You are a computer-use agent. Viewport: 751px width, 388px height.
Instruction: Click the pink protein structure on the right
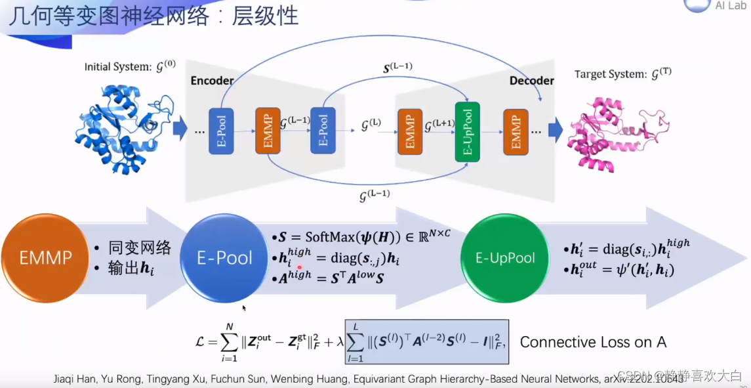pos(607,135)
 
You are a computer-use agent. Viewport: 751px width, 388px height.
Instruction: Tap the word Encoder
pos(212,81)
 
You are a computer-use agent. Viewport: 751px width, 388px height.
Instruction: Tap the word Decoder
pos(531,81)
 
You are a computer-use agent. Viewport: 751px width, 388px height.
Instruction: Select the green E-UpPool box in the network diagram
pos(468,132)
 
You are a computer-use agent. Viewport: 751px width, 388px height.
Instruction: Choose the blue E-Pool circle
pos(224,258)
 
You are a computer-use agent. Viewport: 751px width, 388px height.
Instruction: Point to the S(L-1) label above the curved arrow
pos(397,68)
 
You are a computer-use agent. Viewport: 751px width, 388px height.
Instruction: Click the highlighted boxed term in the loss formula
pos(426,342)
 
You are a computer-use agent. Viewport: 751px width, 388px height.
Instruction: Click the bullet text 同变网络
pos(138,248)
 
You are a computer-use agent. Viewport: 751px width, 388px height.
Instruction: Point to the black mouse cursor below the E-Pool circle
pos(245,308)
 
